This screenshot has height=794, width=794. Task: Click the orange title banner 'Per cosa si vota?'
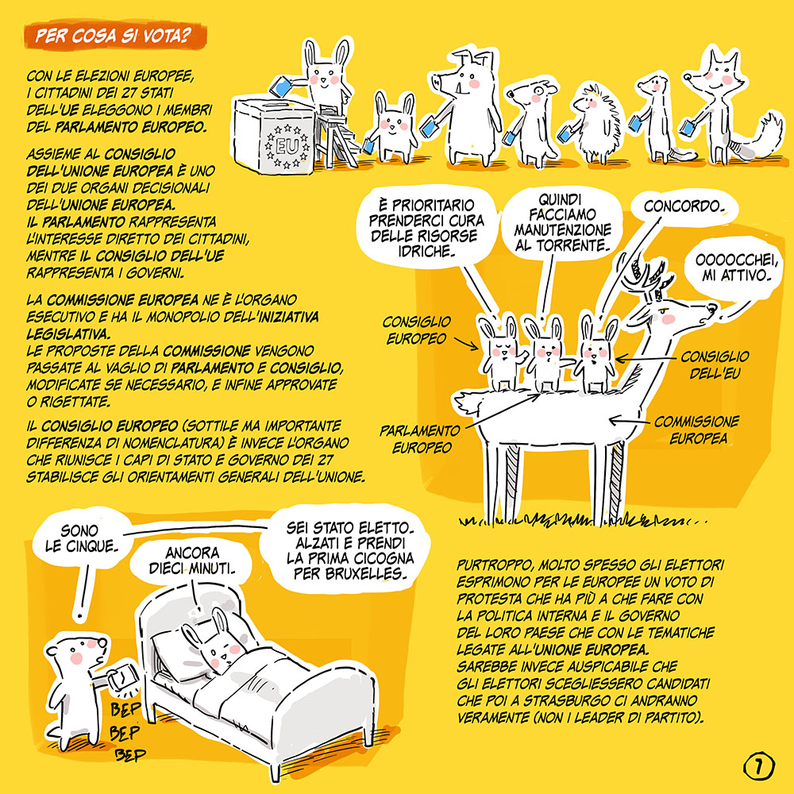coord(115,36)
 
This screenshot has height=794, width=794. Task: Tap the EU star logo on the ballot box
coord(287,146)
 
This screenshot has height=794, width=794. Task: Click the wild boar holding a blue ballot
coord(464,107)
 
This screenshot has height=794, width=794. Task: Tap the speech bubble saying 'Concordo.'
coord(684,206)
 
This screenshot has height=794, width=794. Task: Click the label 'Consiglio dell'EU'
coord(715,364)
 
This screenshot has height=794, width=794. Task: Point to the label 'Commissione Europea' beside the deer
coord(697,430)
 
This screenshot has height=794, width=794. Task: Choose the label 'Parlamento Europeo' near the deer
coord(420,439)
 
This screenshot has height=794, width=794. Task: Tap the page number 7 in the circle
coord(758,766)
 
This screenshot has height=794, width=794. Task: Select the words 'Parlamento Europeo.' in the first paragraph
coord(131,126)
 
